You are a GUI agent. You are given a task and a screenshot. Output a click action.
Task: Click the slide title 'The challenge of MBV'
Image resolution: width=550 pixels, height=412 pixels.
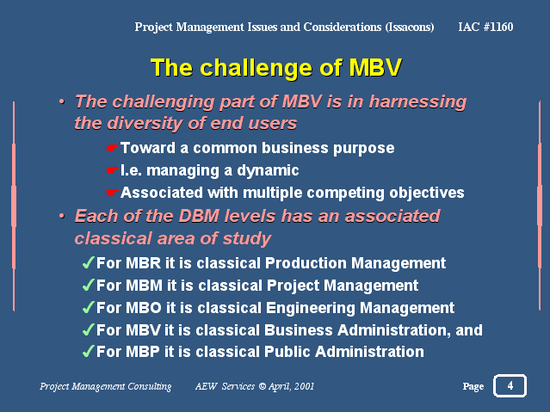tap(276, 67)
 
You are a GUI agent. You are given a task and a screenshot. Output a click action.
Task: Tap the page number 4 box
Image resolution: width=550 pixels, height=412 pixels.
tap(510, 385)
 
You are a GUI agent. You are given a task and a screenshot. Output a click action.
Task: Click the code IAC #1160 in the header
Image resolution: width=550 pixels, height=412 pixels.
tap(485, 27)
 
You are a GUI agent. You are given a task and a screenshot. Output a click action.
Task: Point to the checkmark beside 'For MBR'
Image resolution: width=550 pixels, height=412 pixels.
tap(89, 262)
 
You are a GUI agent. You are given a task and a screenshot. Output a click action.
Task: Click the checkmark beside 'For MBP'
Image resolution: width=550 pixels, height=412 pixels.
tap(89, 351)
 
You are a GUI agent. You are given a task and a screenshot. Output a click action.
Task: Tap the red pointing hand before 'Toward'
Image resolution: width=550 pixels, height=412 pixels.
tap(112, 148)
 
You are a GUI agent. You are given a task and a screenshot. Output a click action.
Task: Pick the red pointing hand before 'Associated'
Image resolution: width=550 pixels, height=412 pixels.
tap(112, 193)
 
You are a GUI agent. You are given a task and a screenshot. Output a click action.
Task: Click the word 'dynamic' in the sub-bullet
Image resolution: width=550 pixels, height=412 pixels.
tap(268, 171)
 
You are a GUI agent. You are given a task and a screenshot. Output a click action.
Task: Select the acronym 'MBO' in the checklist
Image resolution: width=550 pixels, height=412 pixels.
tap(143, 308)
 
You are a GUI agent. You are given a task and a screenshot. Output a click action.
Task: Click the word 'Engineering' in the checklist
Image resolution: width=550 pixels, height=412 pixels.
tap(311, 309)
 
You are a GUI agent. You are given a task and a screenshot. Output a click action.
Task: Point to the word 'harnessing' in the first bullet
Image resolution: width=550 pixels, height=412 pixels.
tap(417, 102)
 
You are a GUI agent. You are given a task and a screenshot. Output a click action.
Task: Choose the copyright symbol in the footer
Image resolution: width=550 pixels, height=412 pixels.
tap(263, 386)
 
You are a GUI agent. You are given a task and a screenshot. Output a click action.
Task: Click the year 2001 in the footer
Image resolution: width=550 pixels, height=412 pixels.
tap(304, 386)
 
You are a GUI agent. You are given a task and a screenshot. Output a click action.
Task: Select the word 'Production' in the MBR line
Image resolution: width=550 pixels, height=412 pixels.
tap(306, 263)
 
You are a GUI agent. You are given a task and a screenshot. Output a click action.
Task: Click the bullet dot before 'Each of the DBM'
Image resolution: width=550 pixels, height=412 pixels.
tap(62, 216)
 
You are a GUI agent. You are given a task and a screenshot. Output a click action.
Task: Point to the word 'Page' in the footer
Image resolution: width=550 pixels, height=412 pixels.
tap(473, 387)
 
